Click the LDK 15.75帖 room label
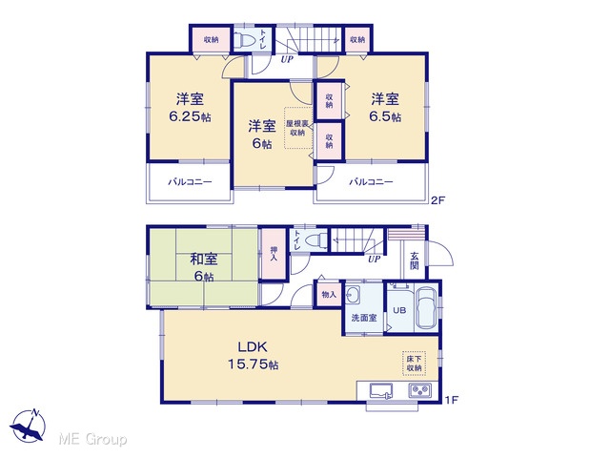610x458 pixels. pyautogui.click(x=253, y=355)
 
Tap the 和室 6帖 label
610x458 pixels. pyautogui.click(x=203, y=267)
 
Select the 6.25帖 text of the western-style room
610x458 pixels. pyautogui.click(x=190, y=116)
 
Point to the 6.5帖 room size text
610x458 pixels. pyautogui.click(x=385, y=116)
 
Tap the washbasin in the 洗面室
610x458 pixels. pyautogui.click(x=353, y=295)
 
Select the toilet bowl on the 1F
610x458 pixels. pyautogui.click(x=316, y=239)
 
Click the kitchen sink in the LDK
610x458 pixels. pyautogui.click(x=381, y=390)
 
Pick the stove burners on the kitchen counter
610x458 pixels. pyautogui.click(x=419, y=390)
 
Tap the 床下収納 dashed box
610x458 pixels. pyautogui.click(x=414, y=364)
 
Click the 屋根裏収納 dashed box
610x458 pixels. pyautogui.click(x=298, y=128)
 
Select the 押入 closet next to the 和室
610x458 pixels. pyautogui.click(x=274, y=254)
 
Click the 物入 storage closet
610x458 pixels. pyautogui.click(x=329, y=294)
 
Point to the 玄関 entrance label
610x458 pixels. pyautogui.click(x=415, y=260)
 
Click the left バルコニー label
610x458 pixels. pyautogui.click(x=190, y=182)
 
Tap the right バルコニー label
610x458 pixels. pyautogui.click(x=371, y=182)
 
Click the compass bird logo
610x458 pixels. pyautogui.click(x=29, y=426)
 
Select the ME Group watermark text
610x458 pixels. pyautogui.click(x=92, y=439)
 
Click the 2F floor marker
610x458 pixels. pyautogui.click(x=437, y=200)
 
